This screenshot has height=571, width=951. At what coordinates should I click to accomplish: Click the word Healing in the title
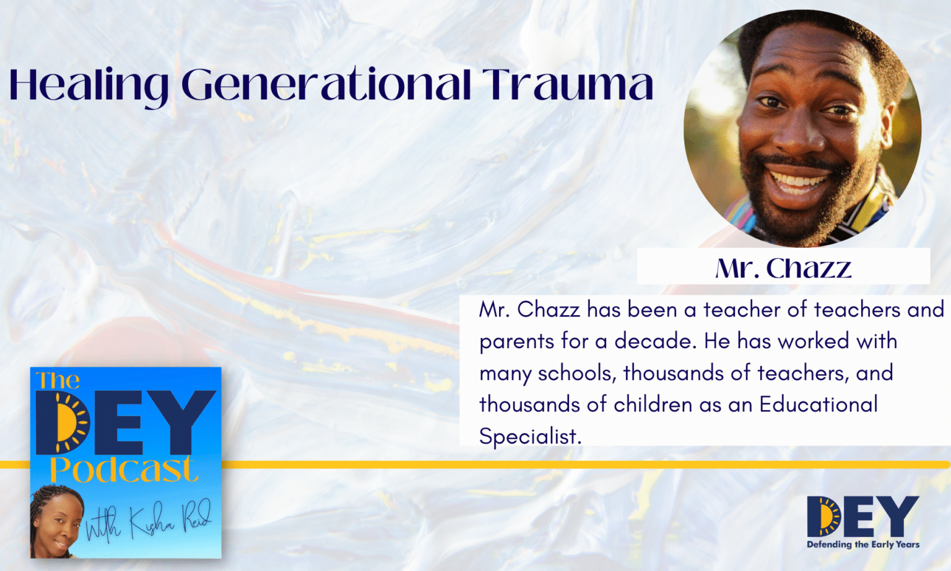click(88, 85)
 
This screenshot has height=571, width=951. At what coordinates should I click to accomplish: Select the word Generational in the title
click(326, 85)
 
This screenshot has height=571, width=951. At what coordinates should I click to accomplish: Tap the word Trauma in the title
click(568, 85)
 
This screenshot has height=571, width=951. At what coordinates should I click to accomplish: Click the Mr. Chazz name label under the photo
click(783, 268)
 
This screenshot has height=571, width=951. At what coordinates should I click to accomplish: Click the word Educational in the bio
click(819, 404)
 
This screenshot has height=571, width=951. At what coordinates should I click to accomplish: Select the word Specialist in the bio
click(530, 436)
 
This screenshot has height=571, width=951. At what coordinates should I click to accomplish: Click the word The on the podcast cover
click(58, 380)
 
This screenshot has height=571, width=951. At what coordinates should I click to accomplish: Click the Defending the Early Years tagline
click(862, 544)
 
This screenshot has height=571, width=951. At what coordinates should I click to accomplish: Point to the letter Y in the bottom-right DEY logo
click(898, 516)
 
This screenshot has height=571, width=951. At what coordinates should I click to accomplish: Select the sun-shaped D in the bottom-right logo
click(823, 517)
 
